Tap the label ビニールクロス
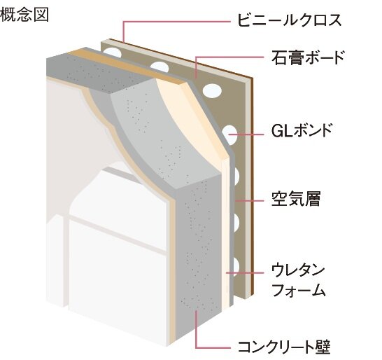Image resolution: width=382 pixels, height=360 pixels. pyautogui.click(x=296, y=20)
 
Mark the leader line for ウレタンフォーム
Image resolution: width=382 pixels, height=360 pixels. pyautogui.click(x=245, y=270)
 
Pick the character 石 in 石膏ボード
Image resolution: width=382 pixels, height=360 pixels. pyautogui.click(x=277, y=57)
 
